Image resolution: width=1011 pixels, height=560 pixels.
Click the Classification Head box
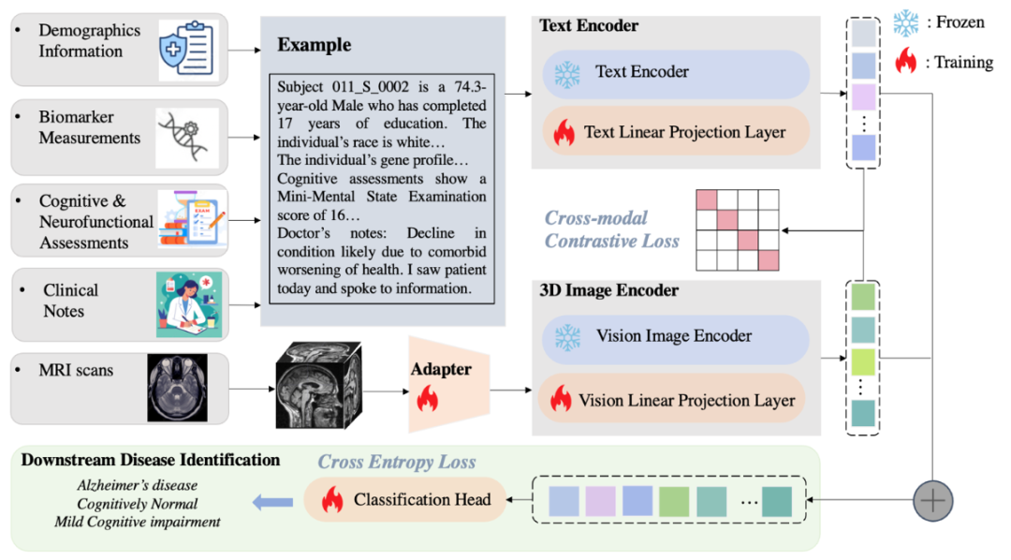click(x=404, y=500)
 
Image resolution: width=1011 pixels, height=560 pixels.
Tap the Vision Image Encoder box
click(x=674, y=337)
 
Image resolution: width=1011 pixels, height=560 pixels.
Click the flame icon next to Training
click(x=906, y=63)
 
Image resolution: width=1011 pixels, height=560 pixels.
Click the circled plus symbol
click(x=932, y=501)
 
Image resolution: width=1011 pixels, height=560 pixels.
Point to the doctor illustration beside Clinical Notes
click(x=188, y=303)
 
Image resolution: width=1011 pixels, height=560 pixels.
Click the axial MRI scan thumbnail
click(x=177, y=388)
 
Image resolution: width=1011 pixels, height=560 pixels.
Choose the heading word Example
click(x=315, y=45)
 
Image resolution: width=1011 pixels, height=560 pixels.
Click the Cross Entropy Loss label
click(x=397, y=463)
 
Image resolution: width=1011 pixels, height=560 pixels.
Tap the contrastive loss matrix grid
click(x=737, y=229)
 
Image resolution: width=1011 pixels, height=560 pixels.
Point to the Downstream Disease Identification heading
click(x=150, y=460)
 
